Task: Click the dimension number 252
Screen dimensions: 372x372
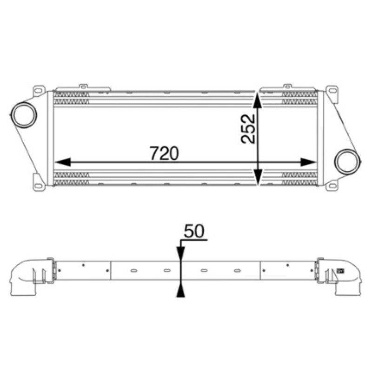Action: click(x=248, y=128)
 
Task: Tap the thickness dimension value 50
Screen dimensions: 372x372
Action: click(x=194, y=231)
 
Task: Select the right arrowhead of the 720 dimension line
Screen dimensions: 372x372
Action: click(x=309, y=162)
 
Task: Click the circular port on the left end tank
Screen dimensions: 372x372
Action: click(x=23, y=114)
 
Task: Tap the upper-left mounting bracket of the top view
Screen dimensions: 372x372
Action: click(x=38, y=89)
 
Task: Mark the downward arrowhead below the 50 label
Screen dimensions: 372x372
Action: click(x=181, y=253)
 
